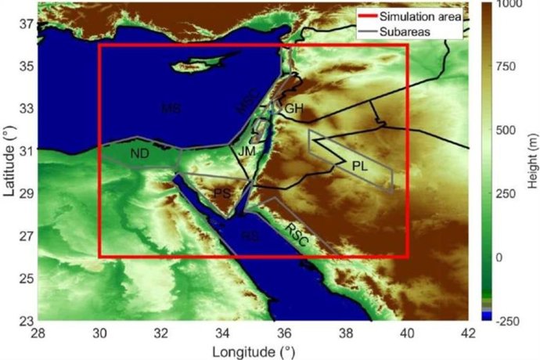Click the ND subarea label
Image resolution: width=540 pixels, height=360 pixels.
pyautogui.click(x=140, y=154)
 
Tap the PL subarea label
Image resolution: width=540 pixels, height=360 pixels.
pyautogui.click(x=359, y=166)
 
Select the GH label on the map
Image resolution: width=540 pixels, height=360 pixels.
pyautogui.click(x=293, y=108)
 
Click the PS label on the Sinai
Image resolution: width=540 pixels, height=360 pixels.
pyautogui.click(x=222, y=193)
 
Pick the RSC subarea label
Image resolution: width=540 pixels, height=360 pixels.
pyautogui.click(x=295, y=232)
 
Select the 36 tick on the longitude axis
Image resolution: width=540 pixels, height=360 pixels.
pyautogui.click(x=284, y=333)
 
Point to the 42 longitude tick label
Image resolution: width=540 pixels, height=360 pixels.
pyautogui.click(x=468, y=333)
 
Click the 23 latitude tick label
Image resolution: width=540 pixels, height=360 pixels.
pyautogui.click(x=26, y=319)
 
